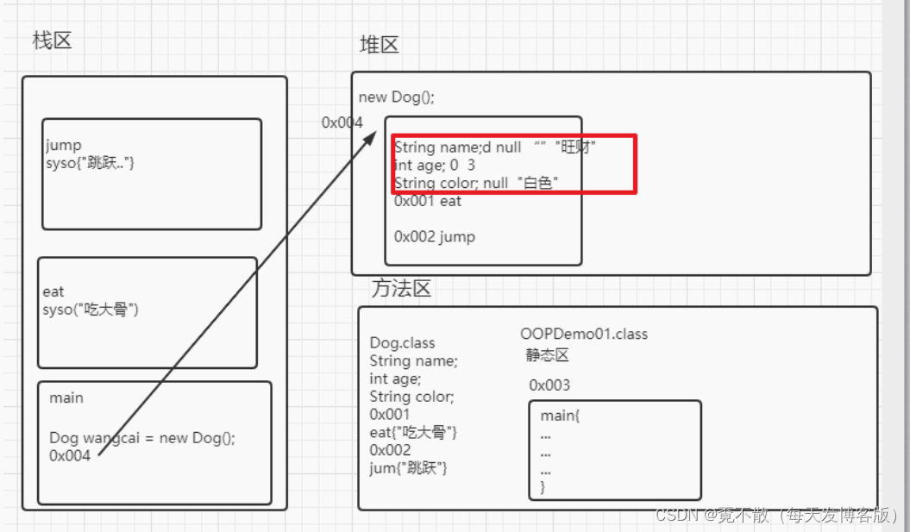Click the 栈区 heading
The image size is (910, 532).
click(x=52, y=41)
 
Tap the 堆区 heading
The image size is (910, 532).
click(x=379, y=45)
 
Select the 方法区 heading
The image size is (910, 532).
click(x=401, y=289)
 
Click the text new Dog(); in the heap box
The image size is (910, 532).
click(x=397, y=97)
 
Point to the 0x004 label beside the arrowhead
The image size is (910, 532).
click(x=342, y=122)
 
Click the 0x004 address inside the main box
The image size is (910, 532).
click(x=70, y=456)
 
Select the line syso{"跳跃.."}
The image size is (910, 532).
click(x=91, y=162)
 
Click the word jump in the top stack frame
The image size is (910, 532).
click(x=63, y=146)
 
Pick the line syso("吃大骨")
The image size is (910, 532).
click(x=91, y=309)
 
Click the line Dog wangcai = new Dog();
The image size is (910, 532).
click(x=142, y=438)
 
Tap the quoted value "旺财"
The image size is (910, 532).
click(x=576, y=147)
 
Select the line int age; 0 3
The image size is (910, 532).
click(x=435, y=165)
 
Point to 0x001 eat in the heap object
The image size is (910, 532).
click(x=428, y=201)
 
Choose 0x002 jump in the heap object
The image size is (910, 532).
click(x=435, y=236)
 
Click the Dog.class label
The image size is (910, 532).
click(x=403, y=343)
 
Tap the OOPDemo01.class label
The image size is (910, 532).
click(x=584, y=334)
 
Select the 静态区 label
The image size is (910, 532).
click(x=548, y=355)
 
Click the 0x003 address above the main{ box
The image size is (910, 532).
click(x=549, y=385)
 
